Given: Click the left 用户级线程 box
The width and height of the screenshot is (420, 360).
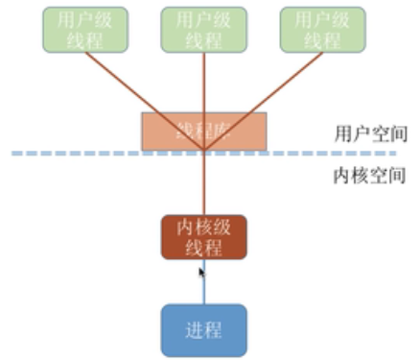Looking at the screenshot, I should [x=85, y=30].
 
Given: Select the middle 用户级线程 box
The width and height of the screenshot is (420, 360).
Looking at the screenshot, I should [x=203, y=30].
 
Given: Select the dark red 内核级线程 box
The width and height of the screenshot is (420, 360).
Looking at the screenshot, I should [x=203, y=237].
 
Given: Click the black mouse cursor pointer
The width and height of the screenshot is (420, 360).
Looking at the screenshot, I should [x=201, y=273].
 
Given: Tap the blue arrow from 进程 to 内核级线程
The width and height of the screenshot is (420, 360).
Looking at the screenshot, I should [x=203, y=288].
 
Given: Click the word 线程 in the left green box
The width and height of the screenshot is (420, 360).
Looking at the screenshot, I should [x=85, y=40].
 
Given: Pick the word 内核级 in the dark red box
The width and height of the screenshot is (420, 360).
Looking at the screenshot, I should [x=203, y=228].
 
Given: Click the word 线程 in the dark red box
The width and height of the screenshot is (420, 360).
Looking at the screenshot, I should [x=203, y=248].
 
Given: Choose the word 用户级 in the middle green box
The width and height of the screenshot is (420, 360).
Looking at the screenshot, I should [x=203, y=19].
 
